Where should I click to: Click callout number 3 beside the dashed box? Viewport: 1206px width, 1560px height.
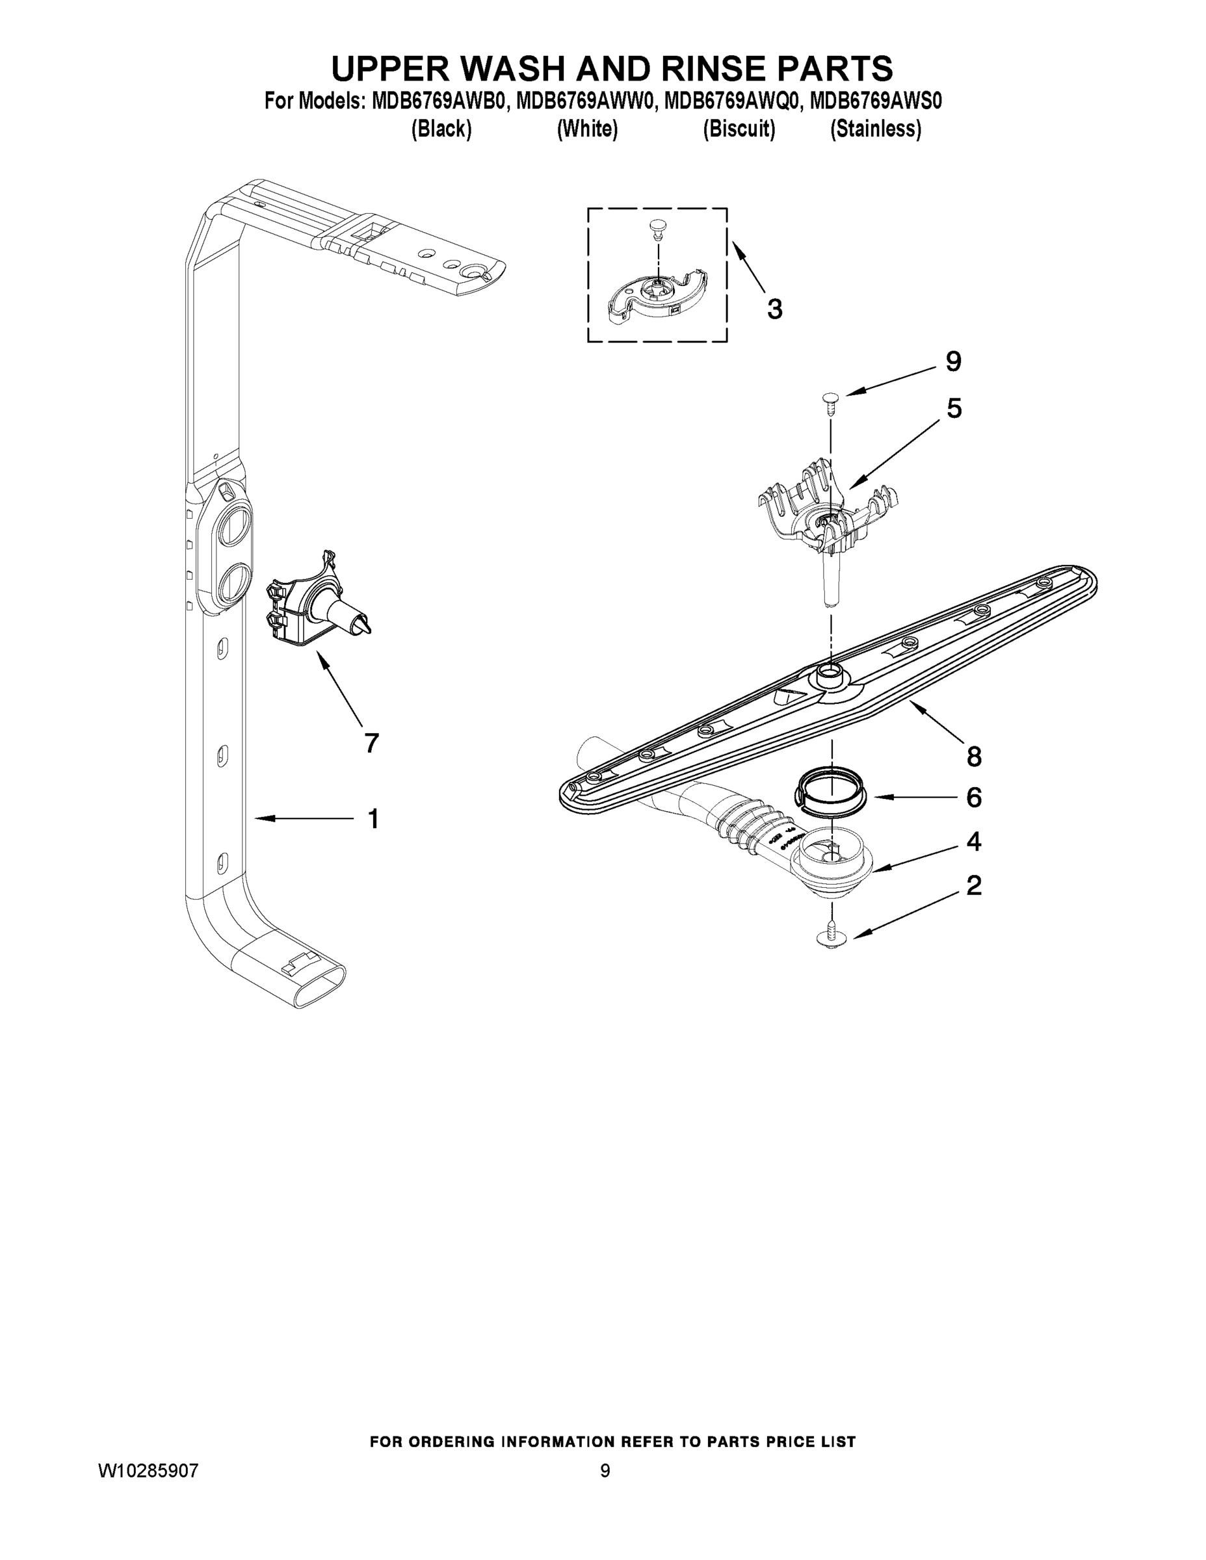pyautogui.click(x=774, y=309)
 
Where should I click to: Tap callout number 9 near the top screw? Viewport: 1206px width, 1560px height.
pyautogui.click(x=953, y=361)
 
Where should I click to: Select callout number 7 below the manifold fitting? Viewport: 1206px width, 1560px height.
pyautogui.click(x=371, y=744)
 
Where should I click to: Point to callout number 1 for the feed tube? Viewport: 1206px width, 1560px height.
pyautogui.click(x=373, y=818)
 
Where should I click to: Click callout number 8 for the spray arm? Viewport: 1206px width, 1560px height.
pyautogui.click(x=974, y=757)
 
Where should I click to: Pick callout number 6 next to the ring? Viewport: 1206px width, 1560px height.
pyautogui.click(x=974, y=797)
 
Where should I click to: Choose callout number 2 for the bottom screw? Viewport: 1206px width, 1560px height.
pyautogui.click(x=974, y=886)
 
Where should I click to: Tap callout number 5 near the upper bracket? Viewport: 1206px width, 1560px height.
pyautogui.click(x=954, y=409)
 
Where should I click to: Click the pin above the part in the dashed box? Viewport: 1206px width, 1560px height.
pyautogui.click(x=656, y=229)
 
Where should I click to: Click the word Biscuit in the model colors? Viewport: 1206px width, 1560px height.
pyautogui.click(x=739, y=129)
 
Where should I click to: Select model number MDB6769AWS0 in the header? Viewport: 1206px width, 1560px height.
pyautogui.click(x=876, y=101)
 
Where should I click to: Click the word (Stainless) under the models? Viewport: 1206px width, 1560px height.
pyautogui.click(x=875, y=129)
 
